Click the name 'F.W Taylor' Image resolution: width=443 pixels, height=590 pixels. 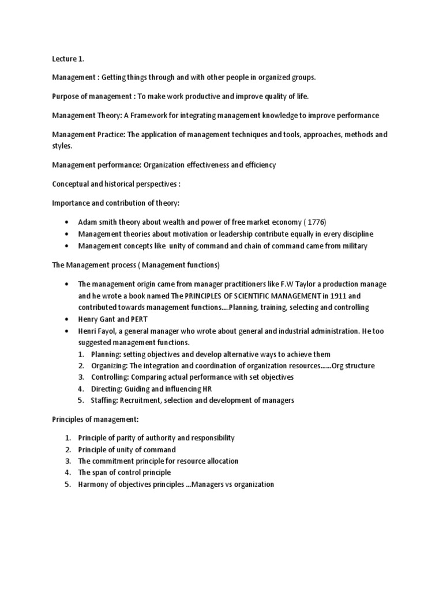(x=301, y=284)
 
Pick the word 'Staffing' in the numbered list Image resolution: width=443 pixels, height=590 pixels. (x=104, y=400)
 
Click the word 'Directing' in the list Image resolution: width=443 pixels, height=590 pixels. (x=107, y=388)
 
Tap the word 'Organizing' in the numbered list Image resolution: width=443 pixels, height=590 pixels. (x=110, y=365)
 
